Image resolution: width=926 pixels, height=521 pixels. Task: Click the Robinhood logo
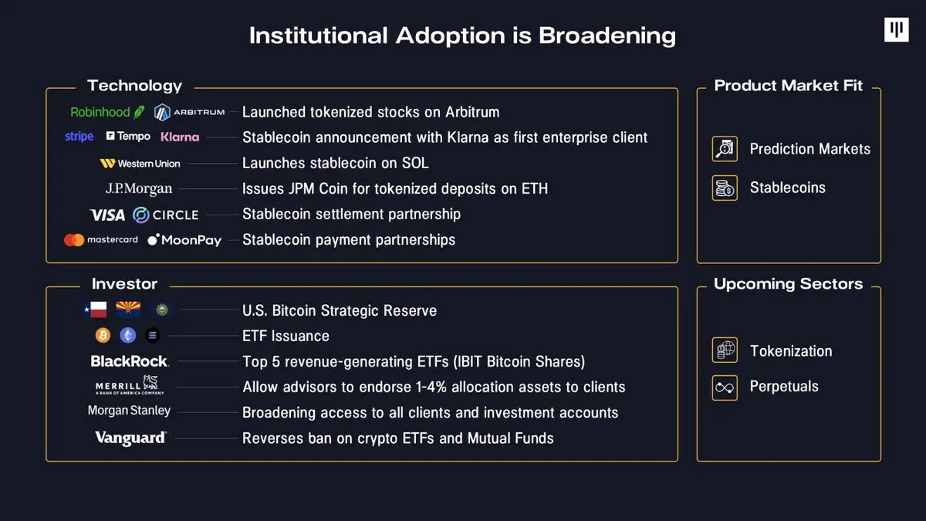[x=107, y=112]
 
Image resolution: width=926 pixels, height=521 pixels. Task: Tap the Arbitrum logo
[x=190, y=112]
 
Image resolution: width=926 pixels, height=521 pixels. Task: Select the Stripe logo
[x=79, y=137]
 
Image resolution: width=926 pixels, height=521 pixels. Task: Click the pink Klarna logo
[x=180, y=137]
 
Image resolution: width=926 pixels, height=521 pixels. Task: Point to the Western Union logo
[x=140, y=164]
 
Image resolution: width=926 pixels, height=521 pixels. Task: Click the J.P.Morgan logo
[x=139, y=188]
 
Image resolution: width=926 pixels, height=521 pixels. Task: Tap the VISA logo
[x=107, y=215]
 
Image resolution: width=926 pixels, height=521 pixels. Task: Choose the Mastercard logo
[x=101, y=240]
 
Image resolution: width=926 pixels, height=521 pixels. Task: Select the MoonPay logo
[x=184, y=240]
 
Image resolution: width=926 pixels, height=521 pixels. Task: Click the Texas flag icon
[x=94, y=310]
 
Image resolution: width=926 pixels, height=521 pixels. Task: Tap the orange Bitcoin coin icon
[x=103, y=336]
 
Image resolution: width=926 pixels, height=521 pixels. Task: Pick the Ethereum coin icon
[x=127, y=336]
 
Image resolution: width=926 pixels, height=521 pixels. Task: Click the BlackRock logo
[x=130, y=361]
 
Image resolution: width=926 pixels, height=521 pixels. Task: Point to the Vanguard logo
[x=130, y=438]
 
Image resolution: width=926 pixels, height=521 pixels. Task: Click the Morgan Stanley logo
[x=129, y=411]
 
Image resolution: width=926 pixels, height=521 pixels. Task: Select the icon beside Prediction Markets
[x=725, y=149]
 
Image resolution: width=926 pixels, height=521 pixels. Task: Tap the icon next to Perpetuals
[x=725, y=387]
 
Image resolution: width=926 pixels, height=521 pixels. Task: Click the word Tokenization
[x=791, y=351]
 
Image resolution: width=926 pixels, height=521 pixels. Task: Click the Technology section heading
[x=135, y=86]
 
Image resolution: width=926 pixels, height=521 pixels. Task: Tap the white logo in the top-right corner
[x=896, y=30]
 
